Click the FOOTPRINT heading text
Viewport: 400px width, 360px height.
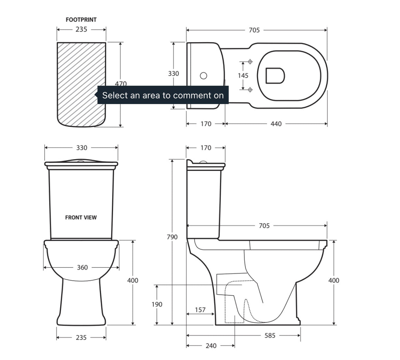81,20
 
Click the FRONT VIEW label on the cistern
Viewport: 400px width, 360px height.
81,217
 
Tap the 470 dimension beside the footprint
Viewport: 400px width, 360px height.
121,84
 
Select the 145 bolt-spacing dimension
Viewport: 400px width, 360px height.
243,75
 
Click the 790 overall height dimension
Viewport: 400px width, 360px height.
172,237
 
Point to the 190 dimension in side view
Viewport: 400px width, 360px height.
157,304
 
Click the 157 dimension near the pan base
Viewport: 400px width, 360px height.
200,310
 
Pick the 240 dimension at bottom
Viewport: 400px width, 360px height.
211,346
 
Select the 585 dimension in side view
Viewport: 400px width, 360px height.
270,336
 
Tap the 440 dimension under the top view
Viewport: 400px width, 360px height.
276,124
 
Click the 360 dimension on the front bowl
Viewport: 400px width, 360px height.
82,267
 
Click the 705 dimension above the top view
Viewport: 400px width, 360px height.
254,30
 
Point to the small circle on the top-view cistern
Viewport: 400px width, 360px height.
204,76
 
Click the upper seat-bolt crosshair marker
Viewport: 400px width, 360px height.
250,62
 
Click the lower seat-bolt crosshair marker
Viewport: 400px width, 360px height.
250,90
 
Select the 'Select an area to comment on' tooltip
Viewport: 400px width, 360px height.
163,95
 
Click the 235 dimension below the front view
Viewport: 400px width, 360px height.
81,338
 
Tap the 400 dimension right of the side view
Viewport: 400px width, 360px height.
333,280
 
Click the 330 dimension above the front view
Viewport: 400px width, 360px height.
82,148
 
